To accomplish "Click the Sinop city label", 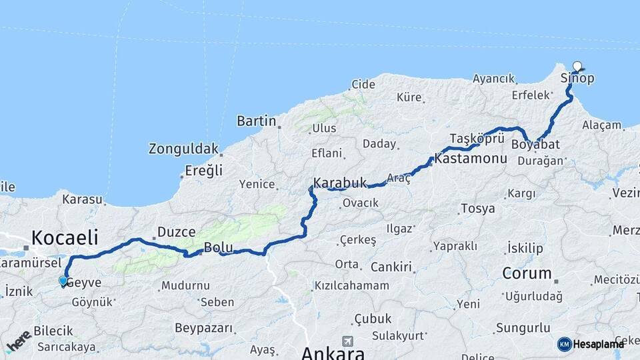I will (577, 78).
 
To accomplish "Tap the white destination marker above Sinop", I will (577, 66).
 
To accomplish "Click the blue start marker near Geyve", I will (63, 281).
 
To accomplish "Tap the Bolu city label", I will (218, 247).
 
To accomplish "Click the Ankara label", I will (333, 353).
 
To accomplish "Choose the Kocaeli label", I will (65, 237).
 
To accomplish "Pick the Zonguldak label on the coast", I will (183, 148).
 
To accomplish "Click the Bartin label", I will (256, 121).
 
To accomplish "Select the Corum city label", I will (527, 273).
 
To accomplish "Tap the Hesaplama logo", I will (591, 344).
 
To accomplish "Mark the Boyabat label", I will (535, 144).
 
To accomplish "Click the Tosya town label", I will (477, 209).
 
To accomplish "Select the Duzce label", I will (176, 233).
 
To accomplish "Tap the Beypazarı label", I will (204, 328).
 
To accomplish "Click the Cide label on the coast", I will (364, 84).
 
